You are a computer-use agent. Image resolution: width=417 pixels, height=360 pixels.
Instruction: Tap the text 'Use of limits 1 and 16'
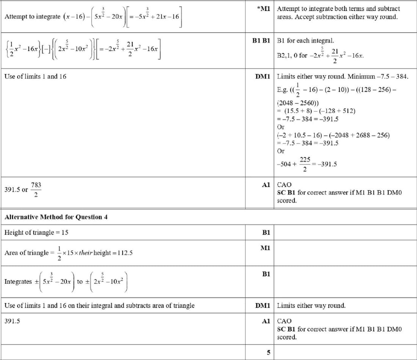[35, 77]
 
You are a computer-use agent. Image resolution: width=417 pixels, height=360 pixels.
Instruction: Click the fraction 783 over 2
[36, 189]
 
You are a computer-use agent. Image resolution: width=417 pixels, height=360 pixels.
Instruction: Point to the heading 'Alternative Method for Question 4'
[56, 217]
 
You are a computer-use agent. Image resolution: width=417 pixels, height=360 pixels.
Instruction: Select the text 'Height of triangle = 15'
[36, 232]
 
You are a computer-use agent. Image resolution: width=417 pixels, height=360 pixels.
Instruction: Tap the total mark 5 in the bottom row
[268, 352]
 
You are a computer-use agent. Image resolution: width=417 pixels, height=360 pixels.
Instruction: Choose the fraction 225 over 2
[305, 164]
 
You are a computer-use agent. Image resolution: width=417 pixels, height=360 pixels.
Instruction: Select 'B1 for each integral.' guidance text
[306, 40]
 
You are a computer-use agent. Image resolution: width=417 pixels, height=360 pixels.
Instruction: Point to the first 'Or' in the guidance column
[281, 127]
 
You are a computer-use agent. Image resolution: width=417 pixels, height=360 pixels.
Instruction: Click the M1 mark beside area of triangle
[265, 248]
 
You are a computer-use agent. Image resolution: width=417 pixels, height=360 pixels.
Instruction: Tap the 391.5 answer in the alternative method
[12, 321]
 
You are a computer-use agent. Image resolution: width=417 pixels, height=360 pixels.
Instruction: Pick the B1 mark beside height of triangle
[266, 232]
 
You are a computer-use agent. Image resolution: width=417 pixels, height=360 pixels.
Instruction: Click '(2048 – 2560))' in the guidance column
[298, 103]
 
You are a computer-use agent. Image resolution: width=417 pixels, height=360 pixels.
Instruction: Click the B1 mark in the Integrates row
[266, 274]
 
